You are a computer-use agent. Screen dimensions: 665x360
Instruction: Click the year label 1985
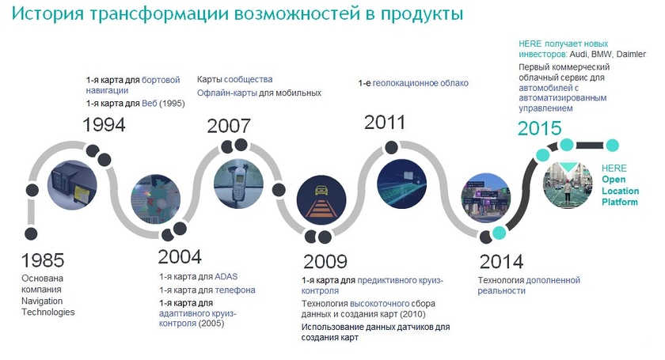point(43,260)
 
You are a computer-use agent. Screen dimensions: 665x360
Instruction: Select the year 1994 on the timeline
point(104,125)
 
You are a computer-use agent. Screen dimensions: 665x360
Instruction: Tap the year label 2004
point(180,257)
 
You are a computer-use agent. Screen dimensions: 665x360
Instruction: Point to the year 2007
point(229,126)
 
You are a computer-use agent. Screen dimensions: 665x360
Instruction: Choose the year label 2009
point(325,261)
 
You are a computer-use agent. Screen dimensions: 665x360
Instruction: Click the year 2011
point(385,123)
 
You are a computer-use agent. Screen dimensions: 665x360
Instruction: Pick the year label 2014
point(501,262)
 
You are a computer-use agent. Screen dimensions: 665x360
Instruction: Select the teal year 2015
point(539,128)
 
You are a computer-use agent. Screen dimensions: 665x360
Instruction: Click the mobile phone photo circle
point(238,184)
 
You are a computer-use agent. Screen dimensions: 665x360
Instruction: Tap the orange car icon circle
point(321,199)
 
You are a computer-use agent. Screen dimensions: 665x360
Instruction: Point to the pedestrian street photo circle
point(568,185)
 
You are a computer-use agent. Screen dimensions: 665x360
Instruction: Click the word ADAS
point(226,277)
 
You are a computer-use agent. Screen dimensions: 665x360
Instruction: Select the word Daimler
point(631,55)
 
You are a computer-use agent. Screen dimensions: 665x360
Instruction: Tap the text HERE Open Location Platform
point(620,185)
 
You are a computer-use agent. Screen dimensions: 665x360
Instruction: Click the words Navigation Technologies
point(48,306)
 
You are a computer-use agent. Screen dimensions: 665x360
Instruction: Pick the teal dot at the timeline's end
point(611,146)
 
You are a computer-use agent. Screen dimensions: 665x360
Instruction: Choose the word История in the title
point(47,13)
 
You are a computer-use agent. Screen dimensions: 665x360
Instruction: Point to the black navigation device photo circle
point(72,185)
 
